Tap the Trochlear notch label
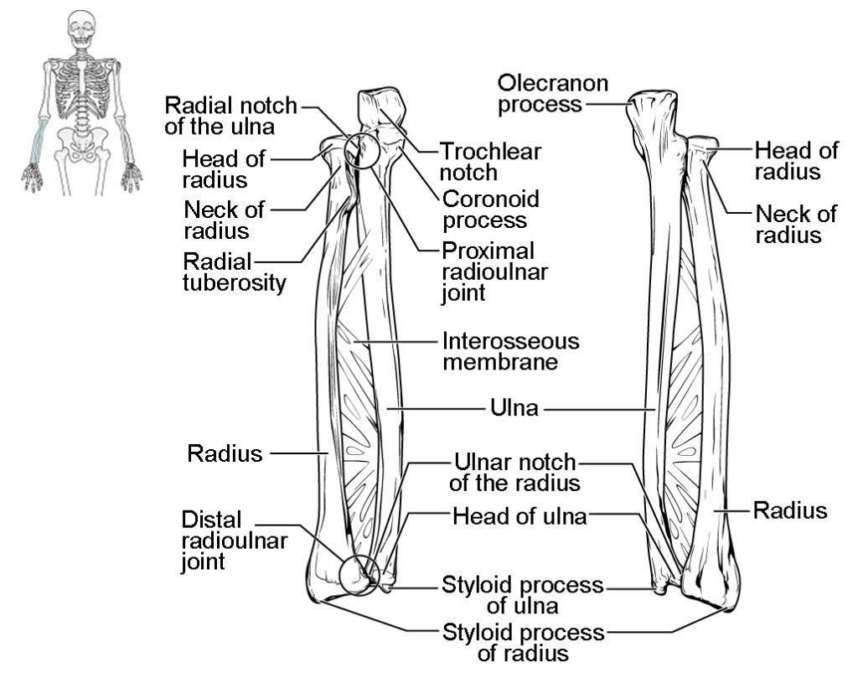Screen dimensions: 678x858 point(491,162)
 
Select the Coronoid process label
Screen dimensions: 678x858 point(491,210)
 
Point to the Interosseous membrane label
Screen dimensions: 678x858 point(510,352)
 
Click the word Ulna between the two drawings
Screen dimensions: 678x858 point(514,409)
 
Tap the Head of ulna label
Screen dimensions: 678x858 point(519,515)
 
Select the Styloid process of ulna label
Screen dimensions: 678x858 point(523,594)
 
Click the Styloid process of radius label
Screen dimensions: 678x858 point(523,642)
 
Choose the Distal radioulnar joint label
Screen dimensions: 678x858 point(234,541)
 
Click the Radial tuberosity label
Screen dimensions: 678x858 point(234,271)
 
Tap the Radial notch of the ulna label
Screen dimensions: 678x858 point(230,116)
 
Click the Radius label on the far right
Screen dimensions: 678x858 point(790,510)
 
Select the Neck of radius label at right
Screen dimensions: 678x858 point(796,224)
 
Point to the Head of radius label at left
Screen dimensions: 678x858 point(224,168)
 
